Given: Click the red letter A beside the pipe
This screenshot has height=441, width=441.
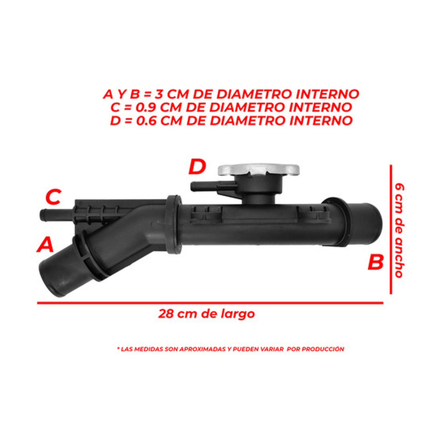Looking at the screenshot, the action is coord(46,245).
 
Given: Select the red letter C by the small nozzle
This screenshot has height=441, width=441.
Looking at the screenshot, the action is coord(53,197).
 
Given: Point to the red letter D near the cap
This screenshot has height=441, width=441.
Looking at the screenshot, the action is coord(197,167).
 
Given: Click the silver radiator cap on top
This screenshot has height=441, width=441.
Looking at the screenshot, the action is coord(258,169).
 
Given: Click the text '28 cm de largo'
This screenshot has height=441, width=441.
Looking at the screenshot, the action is coord(207,313).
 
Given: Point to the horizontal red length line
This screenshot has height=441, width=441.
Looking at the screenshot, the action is coord(210,303).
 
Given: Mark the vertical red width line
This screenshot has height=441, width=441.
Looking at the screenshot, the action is coord(391,229).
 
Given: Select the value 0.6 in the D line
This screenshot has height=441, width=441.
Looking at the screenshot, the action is coord(147,121).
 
